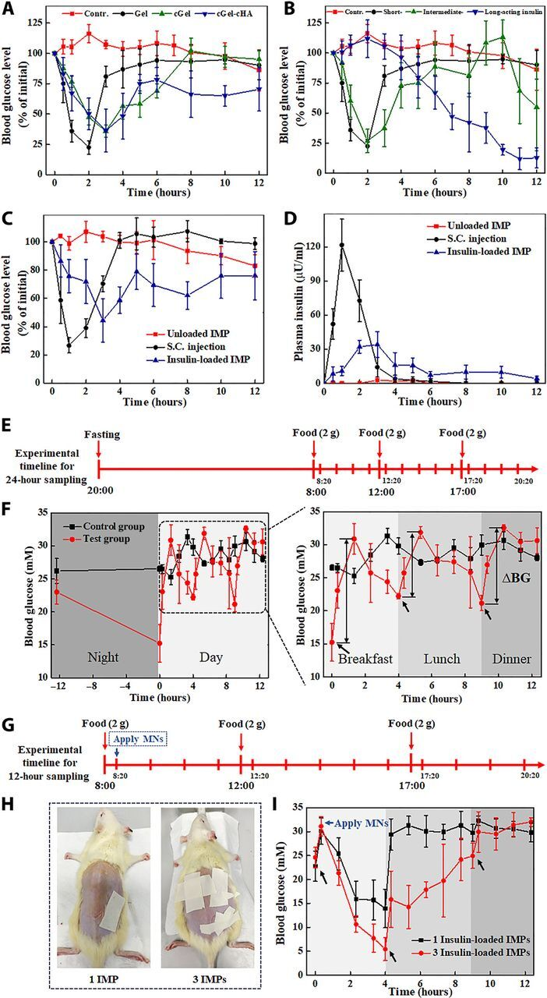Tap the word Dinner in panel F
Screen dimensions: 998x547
(x=510, y=660)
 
